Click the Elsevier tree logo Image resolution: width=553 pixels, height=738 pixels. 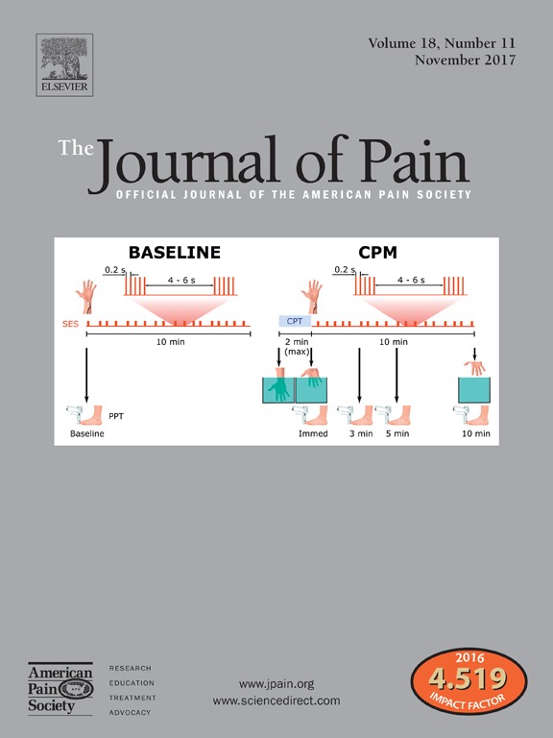pos(64,65)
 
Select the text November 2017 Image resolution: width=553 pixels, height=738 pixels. pos(465,61)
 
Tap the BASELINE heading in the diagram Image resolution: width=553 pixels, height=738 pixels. pos(175,253)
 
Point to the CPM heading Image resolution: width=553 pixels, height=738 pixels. pos(377,253)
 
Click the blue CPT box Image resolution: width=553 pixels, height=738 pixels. pos(295,321)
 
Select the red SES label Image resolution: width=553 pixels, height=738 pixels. pos(70,324)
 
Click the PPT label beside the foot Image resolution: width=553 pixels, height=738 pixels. pos(116,416)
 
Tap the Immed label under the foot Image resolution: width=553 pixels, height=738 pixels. pos(313,433)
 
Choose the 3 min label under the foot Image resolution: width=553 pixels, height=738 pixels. pos(361,433)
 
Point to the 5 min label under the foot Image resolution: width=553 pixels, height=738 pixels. pos(397,433)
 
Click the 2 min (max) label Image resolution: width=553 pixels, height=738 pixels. pos(297,346)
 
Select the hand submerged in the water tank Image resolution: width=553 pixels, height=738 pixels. pos(278,387)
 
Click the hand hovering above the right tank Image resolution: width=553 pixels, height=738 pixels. pos(474,367)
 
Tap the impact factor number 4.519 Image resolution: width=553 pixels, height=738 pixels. pos(468,678)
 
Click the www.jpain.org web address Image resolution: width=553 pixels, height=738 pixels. pos(276,683)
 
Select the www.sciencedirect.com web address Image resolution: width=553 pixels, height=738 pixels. pos(276,701)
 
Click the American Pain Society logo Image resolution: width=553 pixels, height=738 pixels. pos(60,689)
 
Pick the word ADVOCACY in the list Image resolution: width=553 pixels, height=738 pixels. pos(131,713)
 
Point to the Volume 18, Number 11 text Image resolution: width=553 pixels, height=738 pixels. pos(442,43)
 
